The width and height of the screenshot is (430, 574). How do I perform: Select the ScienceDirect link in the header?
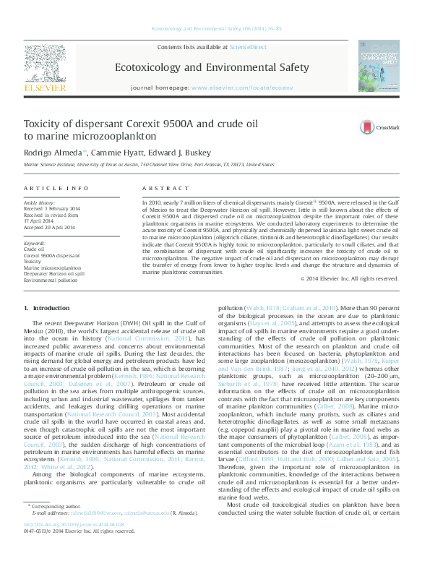click(x=247, y=46)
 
